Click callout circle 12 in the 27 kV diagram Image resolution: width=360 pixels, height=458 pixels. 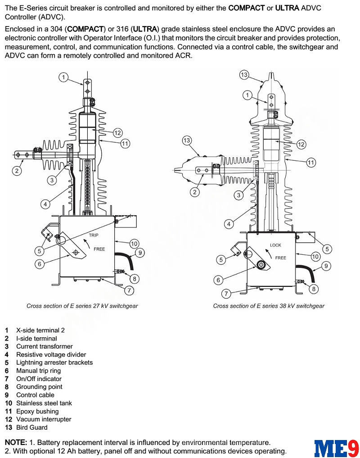coord(117,133)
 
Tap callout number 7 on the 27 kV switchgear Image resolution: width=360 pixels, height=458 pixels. coord(129,290)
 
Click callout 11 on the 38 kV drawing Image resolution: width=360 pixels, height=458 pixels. coord(311,163)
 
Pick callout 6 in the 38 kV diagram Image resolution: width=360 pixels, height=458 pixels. coord(219,280)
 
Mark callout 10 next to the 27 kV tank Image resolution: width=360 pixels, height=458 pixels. coord(134,244)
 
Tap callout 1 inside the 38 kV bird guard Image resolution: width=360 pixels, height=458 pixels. coord(247,95)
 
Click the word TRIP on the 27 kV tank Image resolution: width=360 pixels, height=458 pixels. coord(93,235)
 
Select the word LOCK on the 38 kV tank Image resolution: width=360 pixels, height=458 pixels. coord(275,245)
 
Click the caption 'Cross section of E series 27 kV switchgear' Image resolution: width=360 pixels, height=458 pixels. coord(82,306)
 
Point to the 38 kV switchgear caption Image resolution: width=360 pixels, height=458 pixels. coord(269,306)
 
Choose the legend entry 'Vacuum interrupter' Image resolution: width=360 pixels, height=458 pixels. coord(44,419)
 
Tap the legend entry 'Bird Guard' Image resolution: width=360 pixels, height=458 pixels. coord(31,427)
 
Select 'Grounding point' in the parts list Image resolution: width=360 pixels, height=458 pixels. coord(39,387)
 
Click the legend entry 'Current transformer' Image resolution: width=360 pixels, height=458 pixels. coord(44,346)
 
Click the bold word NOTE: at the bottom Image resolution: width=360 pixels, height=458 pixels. coord(16,443)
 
